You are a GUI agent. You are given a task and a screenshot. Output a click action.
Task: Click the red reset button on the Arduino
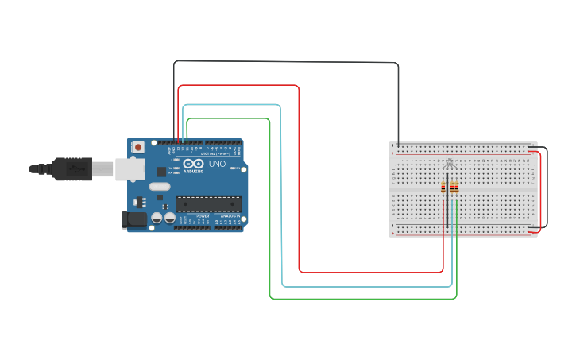click(139, 147)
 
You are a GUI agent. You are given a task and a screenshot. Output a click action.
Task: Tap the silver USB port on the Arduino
click(127, 168)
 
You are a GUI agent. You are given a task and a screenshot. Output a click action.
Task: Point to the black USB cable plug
click(76, 168)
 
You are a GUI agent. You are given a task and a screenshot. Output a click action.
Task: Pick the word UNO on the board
click(218, 165)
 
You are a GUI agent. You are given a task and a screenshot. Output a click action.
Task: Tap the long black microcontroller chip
click(208, 204)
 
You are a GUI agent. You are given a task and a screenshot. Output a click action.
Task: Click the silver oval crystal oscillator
click(159, 188)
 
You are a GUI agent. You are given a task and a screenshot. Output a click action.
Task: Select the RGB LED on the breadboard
click(450, 165)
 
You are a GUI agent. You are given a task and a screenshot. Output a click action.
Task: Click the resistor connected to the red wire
click(443, 188)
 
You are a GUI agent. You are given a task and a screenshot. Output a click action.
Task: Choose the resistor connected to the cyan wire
click(452, 188)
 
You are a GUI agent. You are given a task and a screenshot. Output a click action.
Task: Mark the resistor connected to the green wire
click(457, 188)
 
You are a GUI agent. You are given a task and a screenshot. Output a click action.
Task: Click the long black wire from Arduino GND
click(286, 61)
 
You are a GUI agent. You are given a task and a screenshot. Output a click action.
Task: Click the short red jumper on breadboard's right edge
click(540, 191)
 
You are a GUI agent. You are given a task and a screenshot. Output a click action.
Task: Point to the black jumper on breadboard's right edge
click(547, 187)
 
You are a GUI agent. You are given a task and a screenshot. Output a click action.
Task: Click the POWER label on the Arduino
click(203, 216)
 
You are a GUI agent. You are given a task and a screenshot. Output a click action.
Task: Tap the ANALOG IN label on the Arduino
click(230, 216)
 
